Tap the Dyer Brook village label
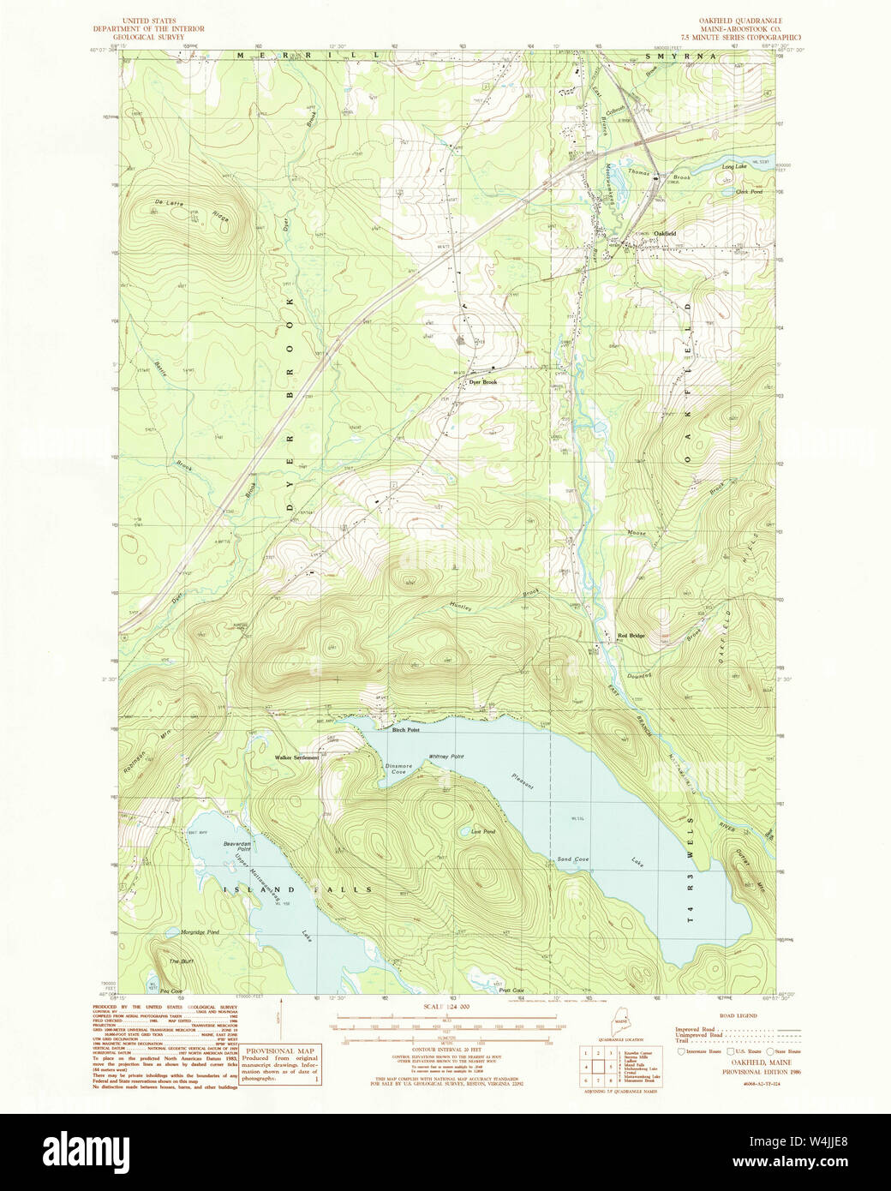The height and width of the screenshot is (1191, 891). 483,382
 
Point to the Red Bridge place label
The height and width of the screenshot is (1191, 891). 631,636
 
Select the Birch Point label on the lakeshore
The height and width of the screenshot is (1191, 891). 405,730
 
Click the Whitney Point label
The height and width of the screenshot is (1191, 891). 445,757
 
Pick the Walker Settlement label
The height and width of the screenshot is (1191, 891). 296,757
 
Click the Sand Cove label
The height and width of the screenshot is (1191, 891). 572,859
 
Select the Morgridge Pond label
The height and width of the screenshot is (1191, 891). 200,931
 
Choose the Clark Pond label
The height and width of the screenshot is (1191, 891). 749,192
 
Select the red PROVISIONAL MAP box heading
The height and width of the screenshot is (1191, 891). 280,1050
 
